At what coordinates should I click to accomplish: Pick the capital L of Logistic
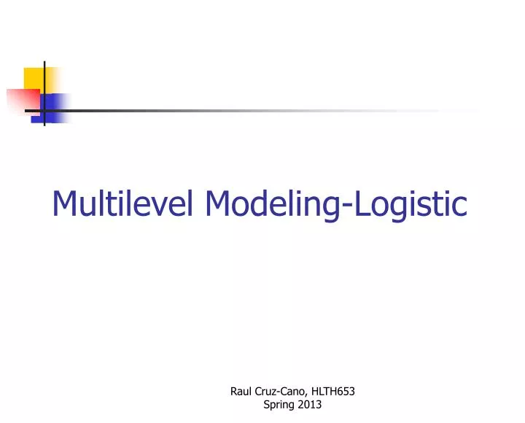click(x=362, y=203)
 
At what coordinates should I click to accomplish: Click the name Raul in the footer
click(x=241, y=391)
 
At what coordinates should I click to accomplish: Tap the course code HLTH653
click(x=333, y=391)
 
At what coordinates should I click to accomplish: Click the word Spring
click(x=277, y=405)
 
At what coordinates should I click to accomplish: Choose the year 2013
click(x=309, y=405)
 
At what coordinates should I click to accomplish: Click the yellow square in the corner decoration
click(x=34, y=77)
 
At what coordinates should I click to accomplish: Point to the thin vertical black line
click(x=44, y=80)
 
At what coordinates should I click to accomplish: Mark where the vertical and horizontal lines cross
click(x=44, y=111)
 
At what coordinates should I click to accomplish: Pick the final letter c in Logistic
click(x=459, y=206)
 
